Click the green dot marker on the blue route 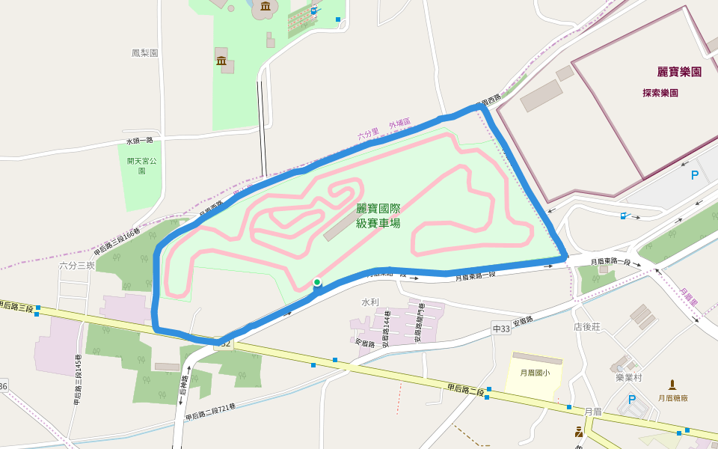click(317, 282)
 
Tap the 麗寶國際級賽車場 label click(378, 216)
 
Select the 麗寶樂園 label click(679, 72)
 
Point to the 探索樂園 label click(660, 94)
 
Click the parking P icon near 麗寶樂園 click(694, 176)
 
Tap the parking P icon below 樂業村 click(632, 400)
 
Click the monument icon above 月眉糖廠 click(672, 385)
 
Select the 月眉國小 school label click(534, 372)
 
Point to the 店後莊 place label click(587, 326)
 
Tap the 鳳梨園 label click(145, 53)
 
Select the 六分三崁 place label click(77, 266)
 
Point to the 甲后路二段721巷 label click(210, 412)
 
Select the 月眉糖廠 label click(672, 399)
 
